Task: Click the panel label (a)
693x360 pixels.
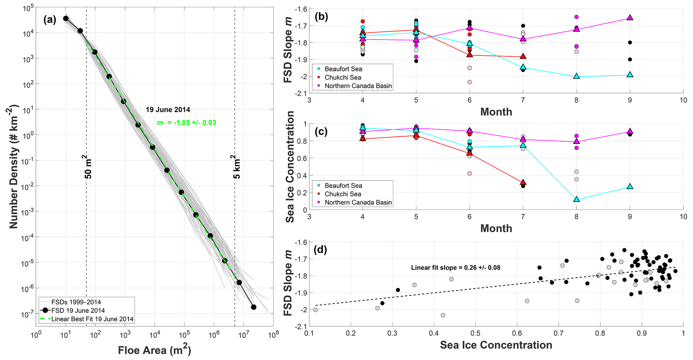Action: (50, 20)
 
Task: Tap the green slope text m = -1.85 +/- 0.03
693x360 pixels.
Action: (186, 123)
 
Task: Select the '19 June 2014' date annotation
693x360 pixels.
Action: (168, 110)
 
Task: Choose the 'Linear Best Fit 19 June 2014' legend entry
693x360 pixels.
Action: (92, 319)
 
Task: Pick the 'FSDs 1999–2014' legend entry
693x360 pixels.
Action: (76, 302)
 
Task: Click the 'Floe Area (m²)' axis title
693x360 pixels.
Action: (155, 350)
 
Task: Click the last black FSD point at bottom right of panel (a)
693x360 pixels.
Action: (253, 307)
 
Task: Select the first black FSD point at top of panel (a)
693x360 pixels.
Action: (66, 18)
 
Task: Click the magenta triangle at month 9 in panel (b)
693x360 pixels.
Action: (630, 18)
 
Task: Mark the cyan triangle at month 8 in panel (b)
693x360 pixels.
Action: (576, 76)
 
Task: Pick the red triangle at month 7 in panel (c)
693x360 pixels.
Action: (523, 182)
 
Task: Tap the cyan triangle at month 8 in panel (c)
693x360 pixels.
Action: (576, 199)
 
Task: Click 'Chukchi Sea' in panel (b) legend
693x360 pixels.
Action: (343, 78)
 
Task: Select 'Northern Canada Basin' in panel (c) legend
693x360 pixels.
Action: (358, 202)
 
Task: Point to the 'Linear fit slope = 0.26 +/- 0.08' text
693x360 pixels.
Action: (456, 268)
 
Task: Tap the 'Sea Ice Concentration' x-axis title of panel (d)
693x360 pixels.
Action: (496, 345)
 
